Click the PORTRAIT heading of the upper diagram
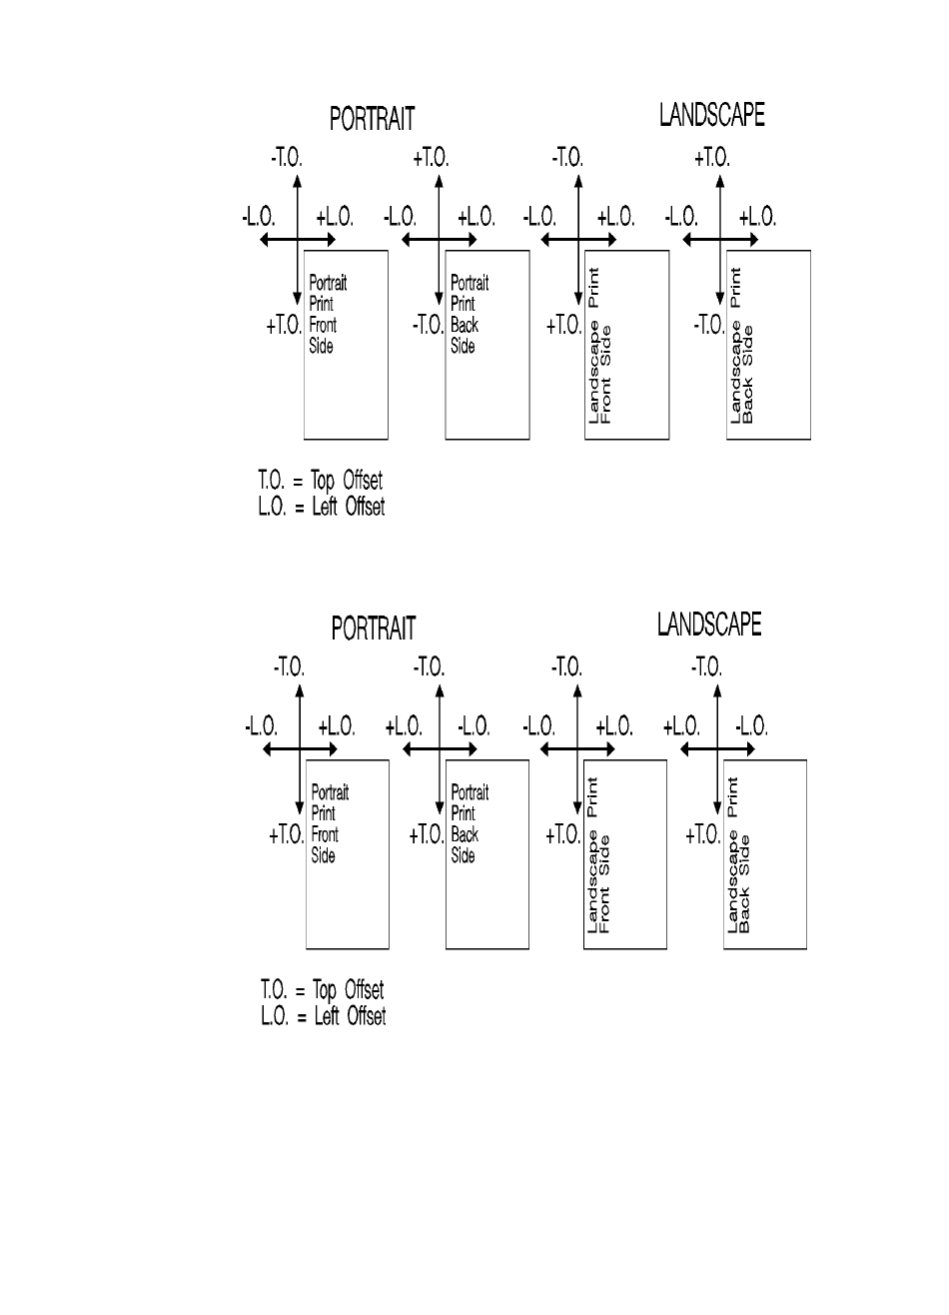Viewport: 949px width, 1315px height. pos(373,119)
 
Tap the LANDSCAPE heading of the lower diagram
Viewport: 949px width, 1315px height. pos(709,625)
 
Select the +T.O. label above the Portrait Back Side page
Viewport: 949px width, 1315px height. pos(431,158)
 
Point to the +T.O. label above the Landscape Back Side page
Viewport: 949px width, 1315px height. pos(712,158)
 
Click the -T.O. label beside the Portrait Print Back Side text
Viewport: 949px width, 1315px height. pos(429,325)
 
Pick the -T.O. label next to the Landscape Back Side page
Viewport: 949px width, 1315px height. pos(709,325)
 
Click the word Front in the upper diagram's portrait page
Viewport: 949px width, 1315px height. pos(323,325)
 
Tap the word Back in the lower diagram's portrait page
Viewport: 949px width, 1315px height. pos(465,834)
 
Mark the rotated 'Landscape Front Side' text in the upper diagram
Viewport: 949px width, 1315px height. pos(600,372)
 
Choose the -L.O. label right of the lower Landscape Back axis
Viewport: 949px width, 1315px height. pos(751,726)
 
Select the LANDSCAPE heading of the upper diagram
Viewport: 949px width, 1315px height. pos(711,116)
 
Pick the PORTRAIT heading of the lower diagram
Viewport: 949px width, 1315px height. pos(374,629)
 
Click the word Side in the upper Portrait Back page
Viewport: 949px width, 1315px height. pos(462,346)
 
